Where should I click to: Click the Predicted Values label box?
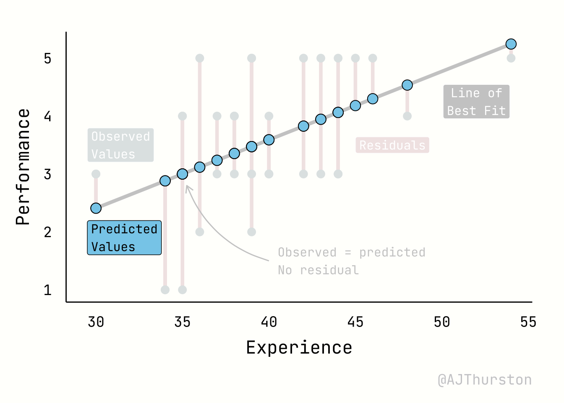124,238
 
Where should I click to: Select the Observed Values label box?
120,145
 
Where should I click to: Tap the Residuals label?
392,145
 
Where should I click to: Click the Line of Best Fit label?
476,102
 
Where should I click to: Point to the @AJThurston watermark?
485,379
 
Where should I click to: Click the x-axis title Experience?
299,348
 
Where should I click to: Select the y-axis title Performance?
23,167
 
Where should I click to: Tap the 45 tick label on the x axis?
355,322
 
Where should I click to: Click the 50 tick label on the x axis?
442,322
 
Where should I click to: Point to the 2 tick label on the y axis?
47,232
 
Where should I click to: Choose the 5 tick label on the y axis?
47,58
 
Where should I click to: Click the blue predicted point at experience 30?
96,208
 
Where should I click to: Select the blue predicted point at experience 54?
511,44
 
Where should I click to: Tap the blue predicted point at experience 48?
407,85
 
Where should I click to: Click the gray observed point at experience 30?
96,174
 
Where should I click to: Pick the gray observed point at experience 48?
407,116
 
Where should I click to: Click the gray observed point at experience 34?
165,290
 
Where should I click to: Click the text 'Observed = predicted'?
352,252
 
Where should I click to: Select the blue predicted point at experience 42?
303,126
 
